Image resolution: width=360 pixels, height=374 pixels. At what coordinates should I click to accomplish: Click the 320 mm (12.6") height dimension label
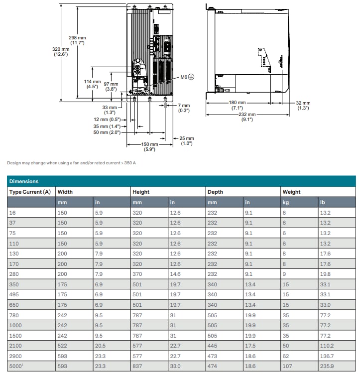[x=61, y=51]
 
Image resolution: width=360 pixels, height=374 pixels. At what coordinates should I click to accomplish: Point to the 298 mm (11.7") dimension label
[x=77, y=40]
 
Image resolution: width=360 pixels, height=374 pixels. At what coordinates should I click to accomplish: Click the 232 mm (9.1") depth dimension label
[x=247, y=117]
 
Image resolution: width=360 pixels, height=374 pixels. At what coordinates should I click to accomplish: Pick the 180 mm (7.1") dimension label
[x=237, y=106]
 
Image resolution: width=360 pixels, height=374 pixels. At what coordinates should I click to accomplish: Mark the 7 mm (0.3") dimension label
[x=184, y=108]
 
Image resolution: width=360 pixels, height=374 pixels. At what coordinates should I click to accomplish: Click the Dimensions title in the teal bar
[x=24, y=181]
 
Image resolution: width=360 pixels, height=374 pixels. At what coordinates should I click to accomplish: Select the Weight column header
[x=291, y=192]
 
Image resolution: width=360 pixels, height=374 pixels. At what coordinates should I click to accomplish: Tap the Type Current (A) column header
[x=30, y=192]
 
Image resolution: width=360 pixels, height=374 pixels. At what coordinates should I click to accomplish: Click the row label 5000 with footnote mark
[x=16, y=367]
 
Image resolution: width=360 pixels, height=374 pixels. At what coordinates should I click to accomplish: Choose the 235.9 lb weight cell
[x=327, y=367]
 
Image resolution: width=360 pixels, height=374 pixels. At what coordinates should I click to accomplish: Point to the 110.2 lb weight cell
[x=327, y=346]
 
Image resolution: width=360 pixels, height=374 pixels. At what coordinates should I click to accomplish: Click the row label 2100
[x=15, y=346]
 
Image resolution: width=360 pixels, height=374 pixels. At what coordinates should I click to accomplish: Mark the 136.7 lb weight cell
[x=327, y=356]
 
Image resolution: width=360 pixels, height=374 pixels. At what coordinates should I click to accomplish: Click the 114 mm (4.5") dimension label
[x=92, y=84]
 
